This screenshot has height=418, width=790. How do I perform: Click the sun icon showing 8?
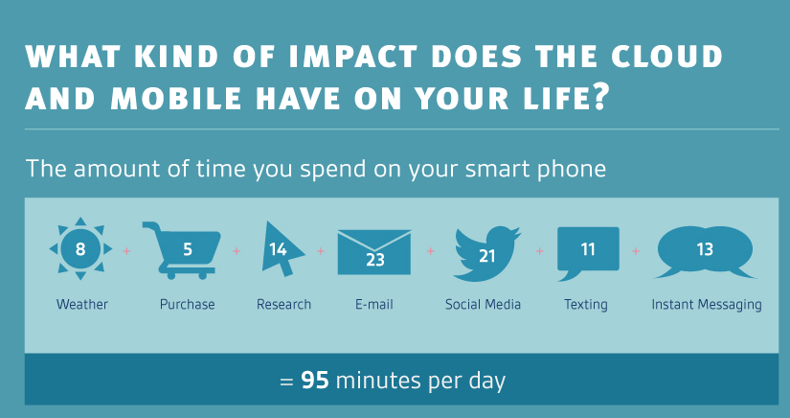(x=80, y=248)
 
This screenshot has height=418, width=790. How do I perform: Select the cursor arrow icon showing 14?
(x=282, y=249)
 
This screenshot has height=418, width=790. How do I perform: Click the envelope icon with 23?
(x=373, y=252)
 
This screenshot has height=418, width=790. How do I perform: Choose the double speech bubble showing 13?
(x=705, y=251)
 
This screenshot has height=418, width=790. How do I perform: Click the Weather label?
(x=82, y=305)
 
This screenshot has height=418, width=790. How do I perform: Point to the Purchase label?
(x=187, y=305)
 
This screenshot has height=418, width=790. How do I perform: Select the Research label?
(x=283, y=305)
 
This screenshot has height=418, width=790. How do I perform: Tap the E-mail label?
(x=373, y=305)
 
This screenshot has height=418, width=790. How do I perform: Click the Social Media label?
(x=483, y=305)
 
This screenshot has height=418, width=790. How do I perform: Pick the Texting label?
(x=585, y=305)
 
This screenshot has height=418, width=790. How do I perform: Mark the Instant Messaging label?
(x=707, y=305)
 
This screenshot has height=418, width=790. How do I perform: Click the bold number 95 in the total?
(x=315, y=382)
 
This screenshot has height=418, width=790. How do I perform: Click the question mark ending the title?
(x=596, y=99)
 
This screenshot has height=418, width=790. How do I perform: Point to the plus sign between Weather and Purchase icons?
(x=126, y=250)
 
